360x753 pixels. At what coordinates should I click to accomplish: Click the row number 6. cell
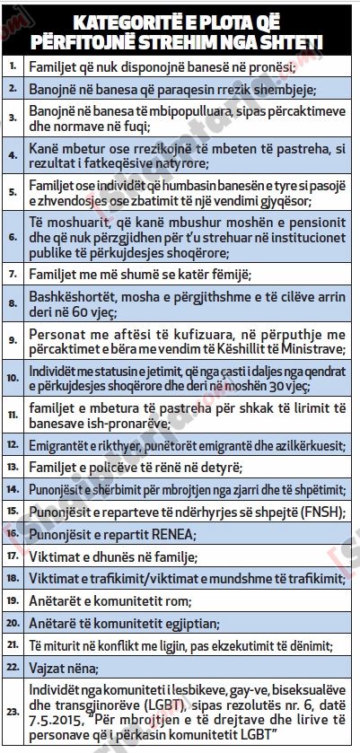click(x=13, y=238)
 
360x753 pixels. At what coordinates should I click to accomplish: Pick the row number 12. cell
click(x=13, y=444)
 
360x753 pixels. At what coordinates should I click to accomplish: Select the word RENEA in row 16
click(x=166, y=534)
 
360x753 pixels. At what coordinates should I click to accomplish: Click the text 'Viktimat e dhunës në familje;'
click(x=115, y=556)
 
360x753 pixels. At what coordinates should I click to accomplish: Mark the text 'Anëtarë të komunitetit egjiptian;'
click(x=126, y=624)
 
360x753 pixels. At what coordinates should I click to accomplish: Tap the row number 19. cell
click(x=13, y=601)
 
